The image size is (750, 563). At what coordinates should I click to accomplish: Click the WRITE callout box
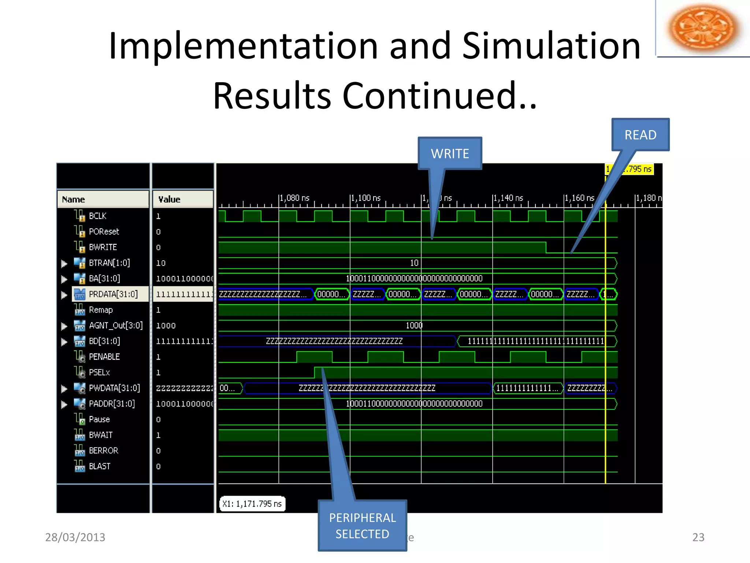(x=450, y=153)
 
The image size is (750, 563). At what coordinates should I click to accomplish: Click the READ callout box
(x=640, y=135)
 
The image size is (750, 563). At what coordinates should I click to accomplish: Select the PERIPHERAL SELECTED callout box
(x=362, y=526)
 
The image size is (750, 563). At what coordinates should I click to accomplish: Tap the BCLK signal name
(x=97, y=216)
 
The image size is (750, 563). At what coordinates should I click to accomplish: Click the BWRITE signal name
(x=103, y=247)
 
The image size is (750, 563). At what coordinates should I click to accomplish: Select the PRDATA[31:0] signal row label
(x=113, y=294)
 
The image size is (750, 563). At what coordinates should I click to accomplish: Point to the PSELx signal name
(x=99, y=372)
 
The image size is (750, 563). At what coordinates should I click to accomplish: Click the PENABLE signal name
(x=104, y=357)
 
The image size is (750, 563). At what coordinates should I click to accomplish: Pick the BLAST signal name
(x=99, y=466)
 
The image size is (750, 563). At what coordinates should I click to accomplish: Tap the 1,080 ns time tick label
(x=295, y=198)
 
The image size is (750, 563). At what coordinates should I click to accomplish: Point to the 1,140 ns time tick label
(x=508, y=198)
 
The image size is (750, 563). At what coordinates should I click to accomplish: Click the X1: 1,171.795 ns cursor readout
(x=252, y=504)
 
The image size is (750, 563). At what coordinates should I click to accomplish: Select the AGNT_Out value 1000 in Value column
(x=166, y=325)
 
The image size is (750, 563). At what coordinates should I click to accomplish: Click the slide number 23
(x=698, y=537)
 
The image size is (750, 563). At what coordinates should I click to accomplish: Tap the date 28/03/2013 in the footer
(x=75, y=537)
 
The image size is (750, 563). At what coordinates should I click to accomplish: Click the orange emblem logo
(x=702, y=28)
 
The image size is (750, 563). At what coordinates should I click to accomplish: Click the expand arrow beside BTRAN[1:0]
(x=64, y=263)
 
